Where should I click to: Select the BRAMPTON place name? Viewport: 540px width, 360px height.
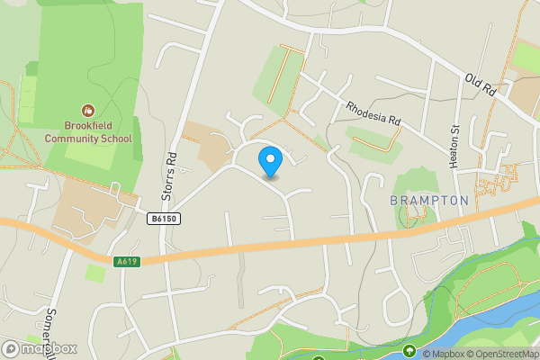[x=429, y=200]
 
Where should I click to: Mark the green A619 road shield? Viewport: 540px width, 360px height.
[x=127, y=262]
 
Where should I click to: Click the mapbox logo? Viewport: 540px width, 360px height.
[x=39, y=348]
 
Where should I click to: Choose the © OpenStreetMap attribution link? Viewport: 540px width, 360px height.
[x=502, y=354]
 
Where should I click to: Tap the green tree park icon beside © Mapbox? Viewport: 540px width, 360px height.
[x=409, y=352]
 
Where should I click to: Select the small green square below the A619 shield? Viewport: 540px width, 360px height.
[x=94, y=272]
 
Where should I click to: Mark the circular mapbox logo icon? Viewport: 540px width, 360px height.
[x=11, y=348]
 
